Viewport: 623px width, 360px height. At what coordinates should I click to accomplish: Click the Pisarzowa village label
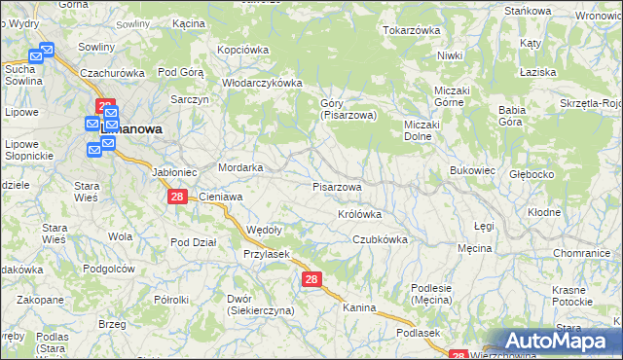338,186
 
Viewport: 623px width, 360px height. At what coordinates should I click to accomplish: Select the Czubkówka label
380,238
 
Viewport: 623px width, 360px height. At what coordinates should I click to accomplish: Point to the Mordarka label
241,167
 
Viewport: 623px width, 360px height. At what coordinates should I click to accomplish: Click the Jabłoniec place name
175,172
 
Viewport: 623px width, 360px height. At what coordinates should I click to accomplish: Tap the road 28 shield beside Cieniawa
176,197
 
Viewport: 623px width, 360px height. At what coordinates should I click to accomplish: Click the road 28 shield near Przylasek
311,279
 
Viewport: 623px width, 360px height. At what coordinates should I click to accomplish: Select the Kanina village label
359,307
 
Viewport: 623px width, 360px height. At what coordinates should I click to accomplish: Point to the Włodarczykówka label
263,83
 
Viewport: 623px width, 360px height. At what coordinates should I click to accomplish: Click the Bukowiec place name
473,170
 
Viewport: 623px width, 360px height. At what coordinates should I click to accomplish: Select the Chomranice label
581,253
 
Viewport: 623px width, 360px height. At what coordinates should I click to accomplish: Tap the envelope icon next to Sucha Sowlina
36,56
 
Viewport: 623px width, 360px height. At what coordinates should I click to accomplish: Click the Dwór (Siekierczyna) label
260,305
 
